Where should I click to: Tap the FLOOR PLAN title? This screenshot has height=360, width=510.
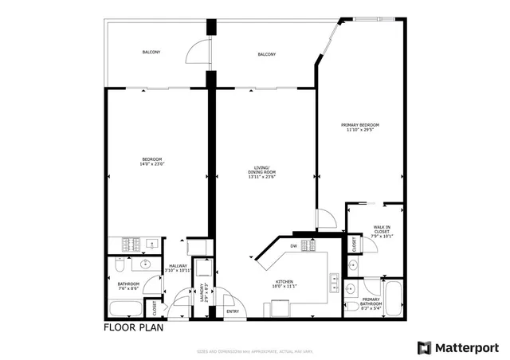pos(131,327)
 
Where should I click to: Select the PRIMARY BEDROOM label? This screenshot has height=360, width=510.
pos(360,125)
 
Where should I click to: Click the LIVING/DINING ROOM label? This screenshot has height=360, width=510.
pos(261,170)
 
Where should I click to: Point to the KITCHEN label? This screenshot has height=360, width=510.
pos(285,281)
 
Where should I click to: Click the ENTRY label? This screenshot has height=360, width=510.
pos(233,311)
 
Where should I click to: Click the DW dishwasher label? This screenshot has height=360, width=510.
pos(293,245)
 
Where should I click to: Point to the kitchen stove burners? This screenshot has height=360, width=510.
pos(309,245)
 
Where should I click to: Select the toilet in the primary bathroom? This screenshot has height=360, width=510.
pos(351,306)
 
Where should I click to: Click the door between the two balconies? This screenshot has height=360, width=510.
pos(194,53)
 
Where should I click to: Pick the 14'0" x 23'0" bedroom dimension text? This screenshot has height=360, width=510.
pos(152,163)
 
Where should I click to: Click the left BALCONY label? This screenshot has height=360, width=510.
pos(151,53)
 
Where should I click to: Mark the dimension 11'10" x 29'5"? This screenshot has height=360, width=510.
pos(360,130)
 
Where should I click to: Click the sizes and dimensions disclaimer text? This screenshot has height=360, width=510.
pos(255,351)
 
